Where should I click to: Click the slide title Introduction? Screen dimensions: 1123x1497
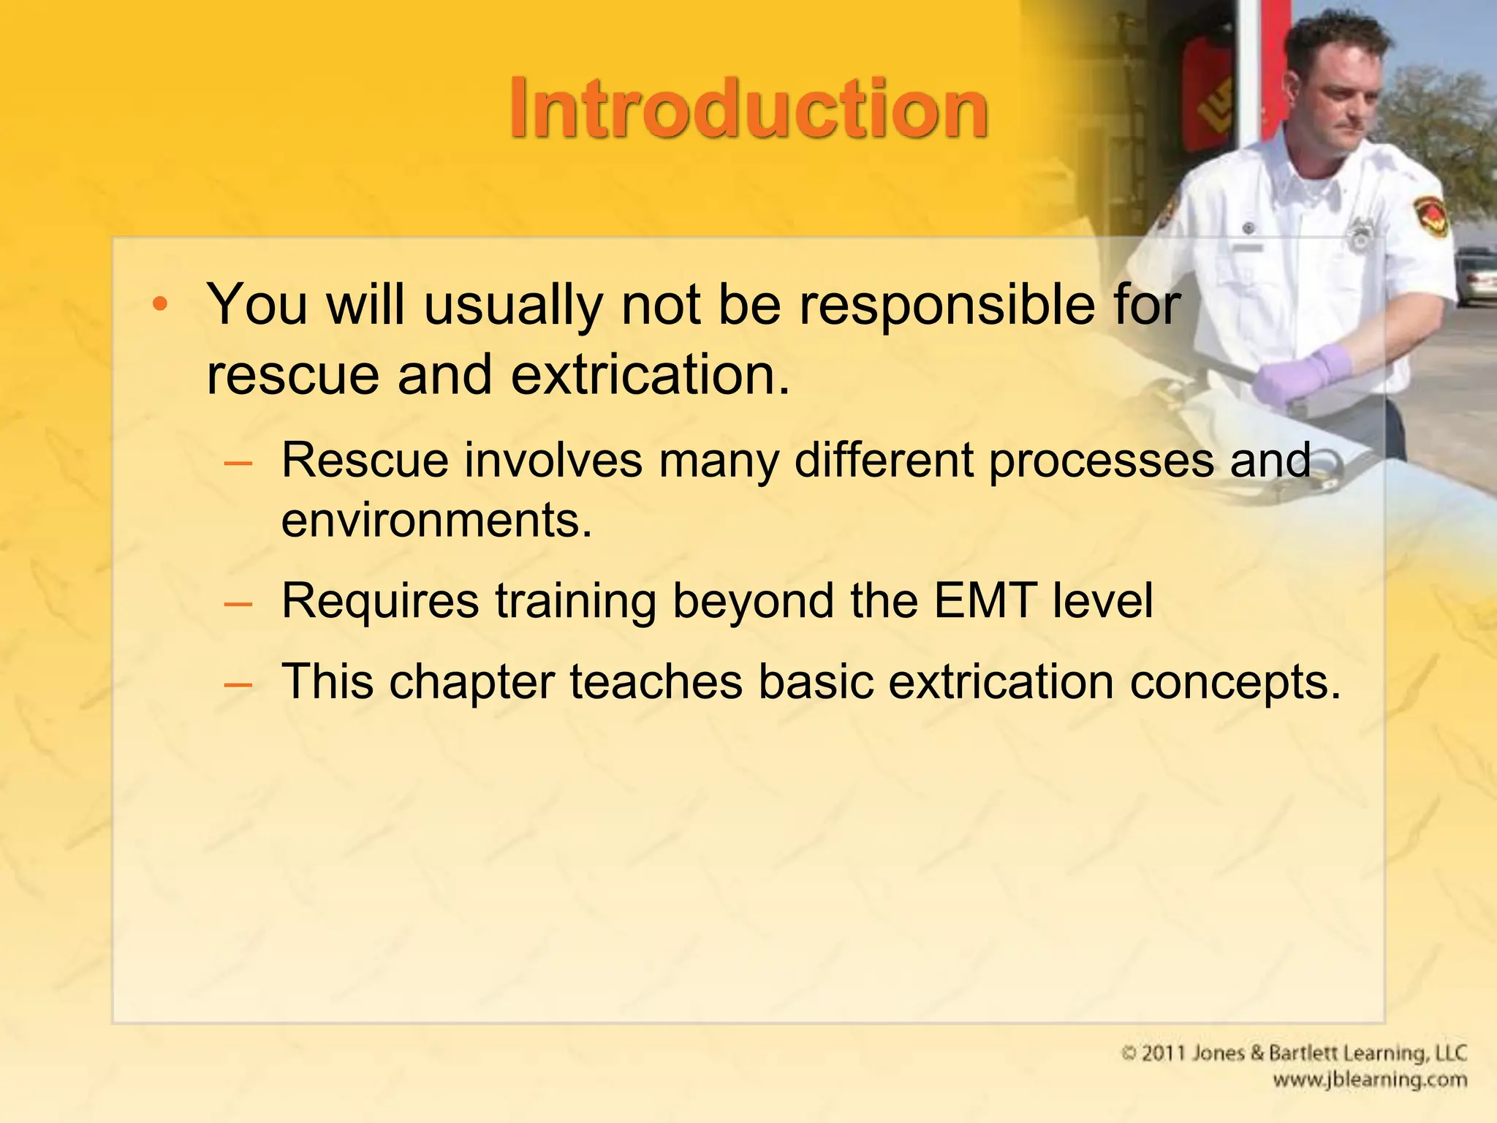point(748,110)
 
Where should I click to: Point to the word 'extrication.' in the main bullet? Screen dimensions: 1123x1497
point(651,374)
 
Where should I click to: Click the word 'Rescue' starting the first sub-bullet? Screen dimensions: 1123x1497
point(364,461)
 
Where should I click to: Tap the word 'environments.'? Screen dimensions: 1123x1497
point(436,521)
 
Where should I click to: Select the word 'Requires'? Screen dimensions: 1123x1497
point(380,601)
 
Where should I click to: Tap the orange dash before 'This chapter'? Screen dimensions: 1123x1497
point(238,684)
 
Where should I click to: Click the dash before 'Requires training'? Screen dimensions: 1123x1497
point(238,603)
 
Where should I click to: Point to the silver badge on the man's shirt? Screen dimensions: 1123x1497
point(1360,235)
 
